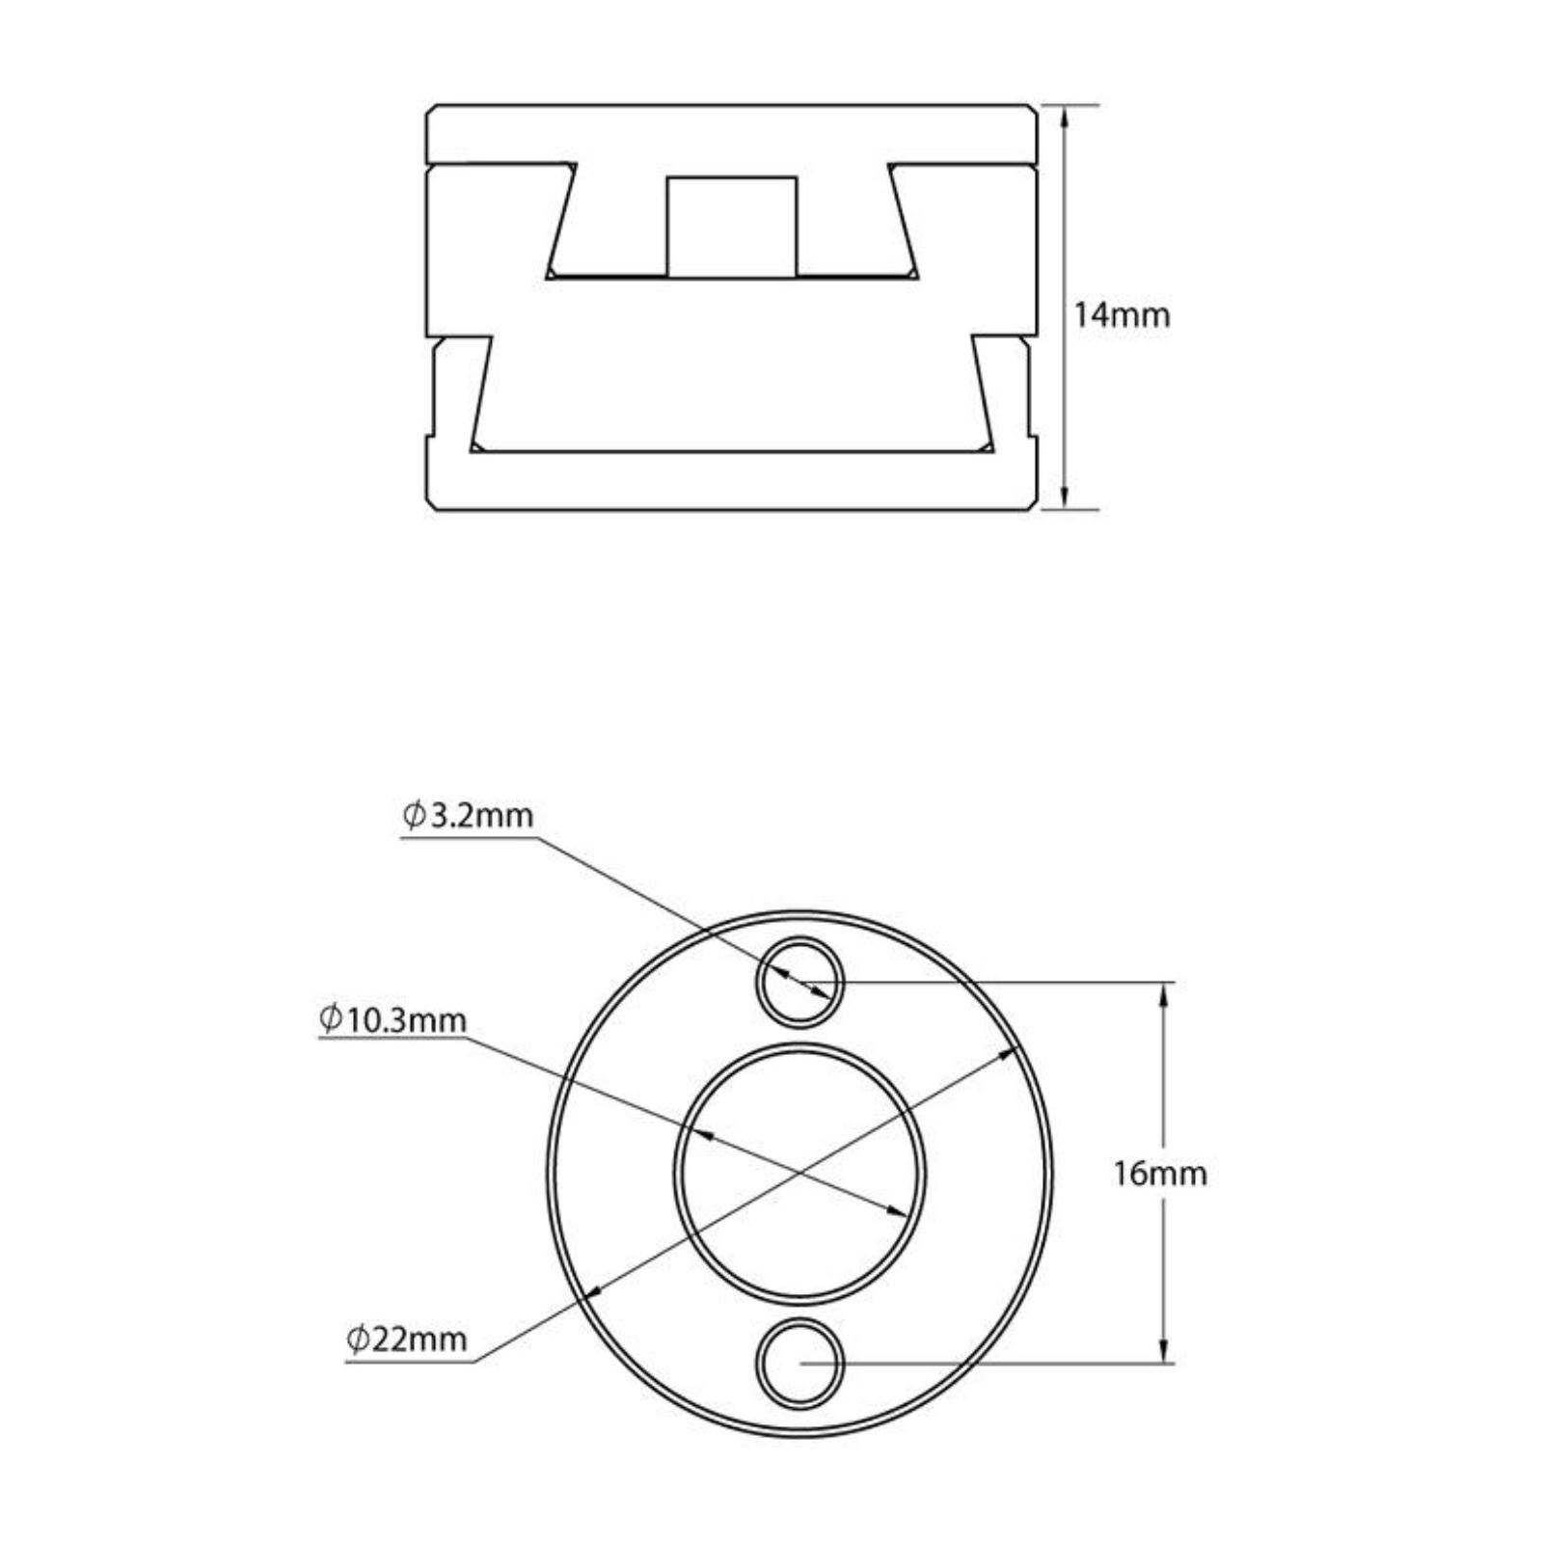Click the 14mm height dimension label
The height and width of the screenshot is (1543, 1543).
pyautogui.click(x=1123, y=315)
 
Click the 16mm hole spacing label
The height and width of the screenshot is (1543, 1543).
pyautogui.click(x=1160, y=1174)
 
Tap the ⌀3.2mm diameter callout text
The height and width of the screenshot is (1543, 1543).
pyautogui.click(x=468, y=816)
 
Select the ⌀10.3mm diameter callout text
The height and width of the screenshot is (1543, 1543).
pyautogui.click(x=393, y=1019)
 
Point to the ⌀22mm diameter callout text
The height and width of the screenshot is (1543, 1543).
pyautogui.click(x=407, y=1339)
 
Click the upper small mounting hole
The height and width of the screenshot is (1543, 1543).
pyautogui.click(x=799, y=983)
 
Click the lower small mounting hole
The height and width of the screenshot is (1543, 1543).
pyautogui.click(x=799, y=1363)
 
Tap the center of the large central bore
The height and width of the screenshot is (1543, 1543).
pyautogui.click(x=799, y=1173)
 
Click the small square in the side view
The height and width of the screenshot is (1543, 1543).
pyautogui.click(x=732, y=227)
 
